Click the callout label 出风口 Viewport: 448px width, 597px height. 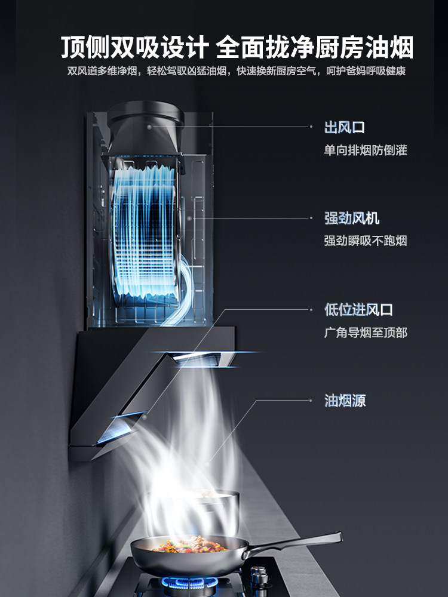tap(344, 127)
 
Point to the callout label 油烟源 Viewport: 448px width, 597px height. tap(344, 401)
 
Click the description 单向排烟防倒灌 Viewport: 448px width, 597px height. tap(365, 150)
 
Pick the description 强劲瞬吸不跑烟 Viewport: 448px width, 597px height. tap(365, 241)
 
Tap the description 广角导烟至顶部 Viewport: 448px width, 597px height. tap(365, 333)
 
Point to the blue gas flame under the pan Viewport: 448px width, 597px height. tap(179, 580)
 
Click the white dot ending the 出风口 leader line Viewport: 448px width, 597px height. tap(311, 127)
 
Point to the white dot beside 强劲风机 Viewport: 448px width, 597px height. tap(311, 218)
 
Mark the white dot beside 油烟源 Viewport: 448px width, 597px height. tap(311, 401)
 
